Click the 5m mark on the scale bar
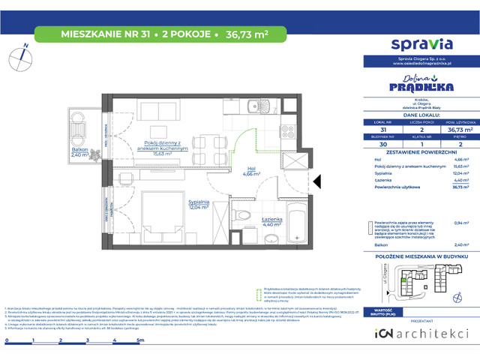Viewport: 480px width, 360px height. pos(139,319)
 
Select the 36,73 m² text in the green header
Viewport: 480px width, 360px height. pos(246,33)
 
